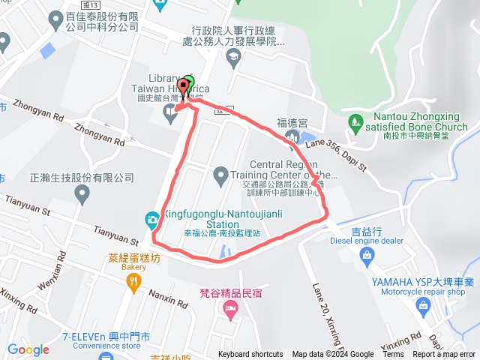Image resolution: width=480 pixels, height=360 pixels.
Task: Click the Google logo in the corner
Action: click(x=28, y=349)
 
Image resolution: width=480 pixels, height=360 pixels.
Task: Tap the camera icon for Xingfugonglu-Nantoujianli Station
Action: click(x=151, y=218)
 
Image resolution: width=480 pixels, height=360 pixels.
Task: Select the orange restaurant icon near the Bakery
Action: click(x=133, y=281)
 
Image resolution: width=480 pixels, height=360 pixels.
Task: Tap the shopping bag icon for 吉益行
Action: click(x=367, y=256)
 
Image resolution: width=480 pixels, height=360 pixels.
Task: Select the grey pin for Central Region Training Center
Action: click(x=220, y=175)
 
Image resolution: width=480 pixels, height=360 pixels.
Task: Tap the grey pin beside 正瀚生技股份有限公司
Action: click(x=82, y=194)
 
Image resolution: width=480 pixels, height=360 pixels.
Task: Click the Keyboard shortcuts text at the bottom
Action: click(x=250, y=355)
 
